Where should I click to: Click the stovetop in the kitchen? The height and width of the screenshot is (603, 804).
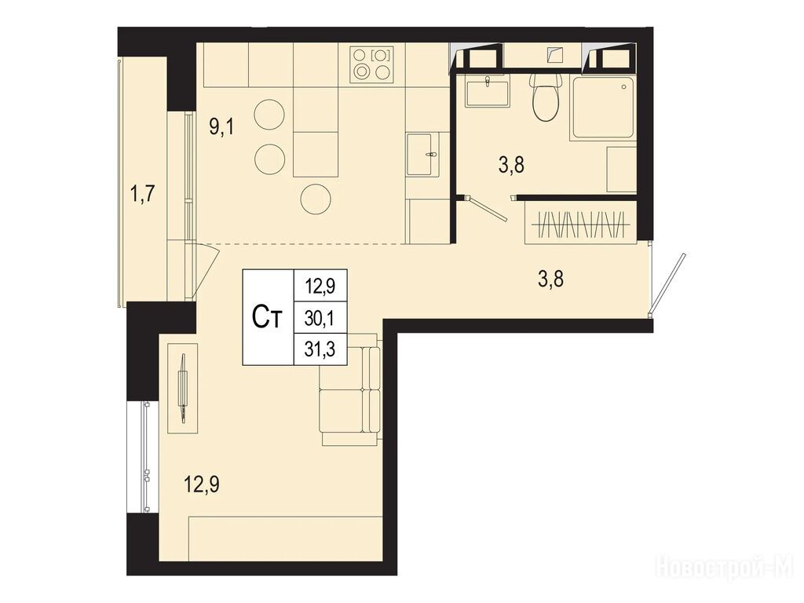pos(373,64)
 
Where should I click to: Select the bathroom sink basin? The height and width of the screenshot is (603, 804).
pos(487,93)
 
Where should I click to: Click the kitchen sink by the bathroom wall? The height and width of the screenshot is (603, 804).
pos(422,155)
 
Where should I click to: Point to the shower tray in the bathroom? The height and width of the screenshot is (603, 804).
pos(604,107)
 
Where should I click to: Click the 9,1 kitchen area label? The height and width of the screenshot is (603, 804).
pos(221,126)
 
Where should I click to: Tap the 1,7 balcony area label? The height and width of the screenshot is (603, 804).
pos(143,195)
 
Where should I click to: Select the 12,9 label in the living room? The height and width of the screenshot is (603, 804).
pos(203,484)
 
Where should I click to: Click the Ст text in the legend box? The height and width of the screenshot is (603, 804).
pos(267,317)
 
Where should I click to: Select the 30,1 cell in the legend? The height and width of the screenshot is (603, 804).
pos(319,319)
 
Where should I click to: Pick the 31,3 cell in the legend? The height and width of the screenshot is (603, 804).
pos(319,349)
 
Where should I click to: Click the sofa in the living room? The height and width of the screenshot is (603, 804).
pos(349,389)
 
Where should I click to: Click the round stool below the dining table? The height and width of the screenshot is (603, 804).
pos(316,199)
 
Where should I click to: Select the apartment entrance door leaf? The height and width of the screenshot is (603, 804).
pos(667,283)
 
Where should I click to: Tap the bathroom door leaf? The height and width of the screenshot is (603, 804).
pos(487,208)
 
